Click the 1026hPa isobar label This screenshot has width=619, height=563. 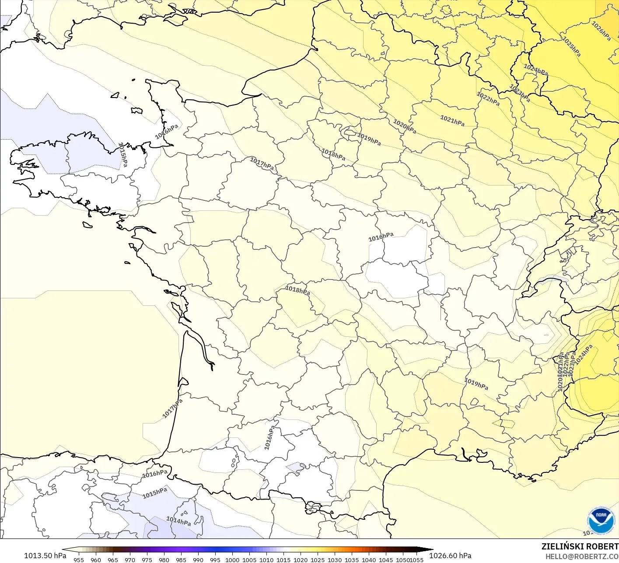tap(601, 31)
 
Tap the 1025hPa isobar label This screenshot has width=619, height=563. tap(572, 47)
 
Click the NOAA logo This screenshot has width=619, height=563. tap(601, 521)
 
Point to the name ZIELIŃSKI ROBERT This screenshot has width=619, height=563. tap(580, 546)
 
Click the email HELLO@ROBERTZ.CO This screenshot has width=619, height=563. tap(582, 556)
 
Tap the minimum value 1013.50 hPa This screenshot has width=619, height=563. tap(45, 556)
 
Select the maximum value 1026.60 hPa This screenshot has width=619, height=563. tap(450, 556)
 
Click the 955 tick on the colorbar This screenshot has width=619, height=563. tap(79, 560)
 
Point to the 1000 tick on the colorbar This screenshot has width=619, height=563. tap(232, 560)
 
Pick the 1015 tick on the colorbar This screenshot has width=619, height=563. tap(283, 560)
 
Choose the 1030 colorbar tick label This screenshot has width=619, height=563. tap(335, 560)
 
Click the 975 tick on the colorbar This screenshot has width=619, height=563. tap(147, 560)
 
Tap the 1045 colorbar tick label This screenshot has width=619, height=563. tap(386, 560)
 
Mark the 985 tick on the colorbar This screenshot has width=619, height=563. tap(181, 560)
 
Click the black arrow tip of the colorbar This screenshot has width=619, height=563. tap(429, 549)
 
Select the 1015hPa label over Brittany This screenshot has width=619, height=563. tap(123, 154)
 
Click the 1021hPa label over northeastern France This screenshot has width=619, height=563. tap(452, 121)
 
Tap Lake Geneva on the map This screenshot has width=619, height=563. tap(552, 279)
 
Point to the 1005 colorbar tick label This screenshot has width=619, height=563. tap(249, 560)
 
